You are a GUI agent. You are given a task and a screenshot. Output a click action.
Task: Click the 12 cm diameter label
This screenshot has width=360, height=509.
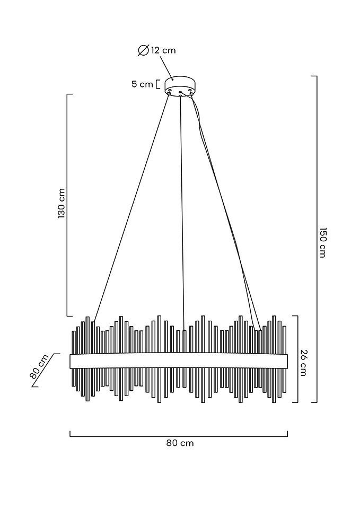tap(163, 50)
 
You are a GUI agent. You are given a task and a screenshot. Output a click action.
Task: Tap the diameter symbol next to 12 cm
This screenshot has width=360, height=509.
tap(143, 50)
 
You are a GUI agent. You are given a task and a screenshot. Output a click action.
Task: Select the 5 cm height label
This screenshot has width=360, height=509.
tap(142, 84)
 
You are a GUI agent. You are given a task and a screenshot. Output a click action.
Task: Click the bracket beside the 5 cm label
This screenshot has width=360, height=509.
tap(158, 84)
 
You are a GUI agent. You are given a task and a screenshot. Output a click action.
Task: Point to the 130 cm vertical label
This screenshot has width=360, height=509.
tap(62, 203)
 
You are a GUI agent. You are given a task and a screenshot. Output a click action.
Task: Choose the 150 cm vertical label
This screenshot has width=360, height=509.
tap(322, 242)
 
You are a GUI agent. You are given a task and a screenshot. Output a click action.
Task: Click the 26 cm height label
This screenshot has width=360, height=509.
tap(303, 363)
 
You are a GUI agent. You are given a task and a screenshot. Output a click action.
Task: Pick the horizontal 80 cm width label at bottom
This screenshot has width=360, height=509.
tap(180, 443)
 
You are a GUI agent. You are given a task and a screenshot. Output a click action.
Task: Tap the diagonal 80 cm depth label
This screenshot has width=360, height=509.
tap(39, 366)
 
